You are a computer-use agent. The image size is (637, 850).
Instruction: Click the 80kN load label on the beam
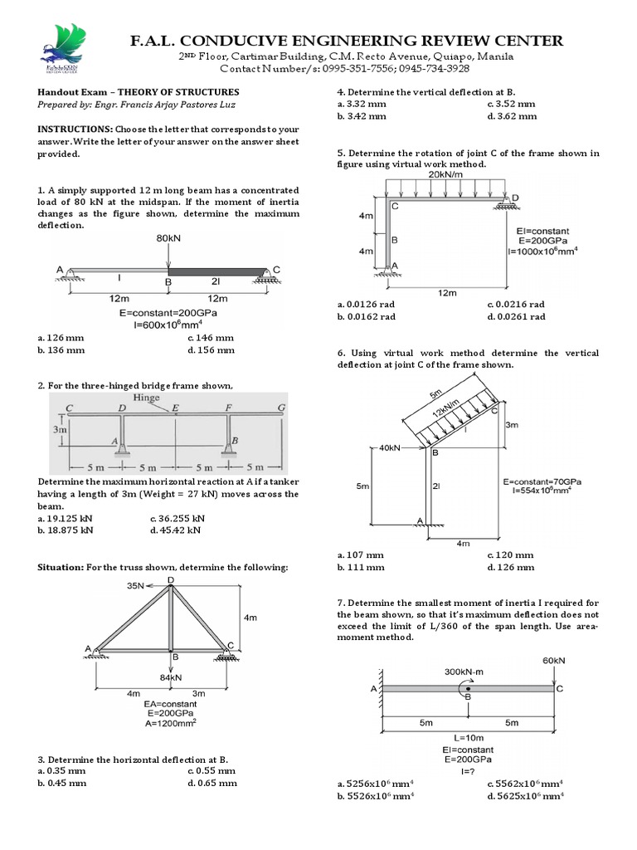pos(168,238)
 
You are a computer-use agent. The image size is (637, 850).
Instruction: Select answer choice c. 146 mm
pos(211,338)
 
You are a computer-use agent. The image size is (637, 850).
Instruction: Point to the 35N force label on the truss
pos(137,585)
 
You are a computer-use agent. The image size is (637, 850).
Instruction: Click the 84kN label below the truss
pos(170,677)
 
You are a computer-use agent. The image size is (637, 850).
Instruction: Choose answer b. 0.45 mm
pos(62,782)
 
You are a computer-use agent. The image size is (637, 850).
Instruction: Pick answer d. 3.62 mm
pos(512,116)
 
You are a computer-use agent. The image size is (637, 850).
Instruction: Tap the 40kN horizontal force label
pos(389,448)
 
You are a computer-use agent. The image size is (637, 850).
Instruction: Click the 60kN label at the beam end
pos(554,661)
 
